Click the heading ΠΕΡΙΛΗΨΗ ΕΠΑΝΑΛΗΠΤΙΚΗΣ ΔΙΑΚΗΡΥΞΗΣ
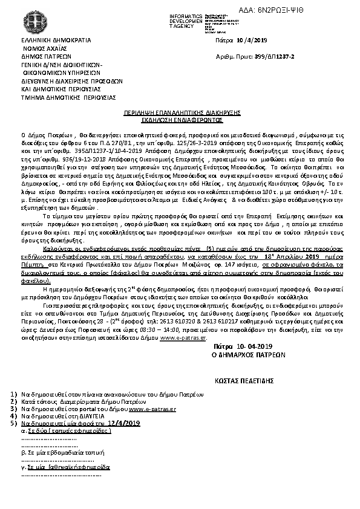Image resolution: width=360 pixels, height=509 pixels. coord(180,113)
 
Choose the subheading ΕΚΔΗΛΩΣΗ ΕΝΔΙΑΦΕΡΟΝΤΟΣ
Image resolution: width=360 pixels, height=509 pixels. coord(180,120)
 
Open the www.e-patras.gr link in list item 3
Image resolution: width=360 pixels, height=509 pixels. coord(152,410)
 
